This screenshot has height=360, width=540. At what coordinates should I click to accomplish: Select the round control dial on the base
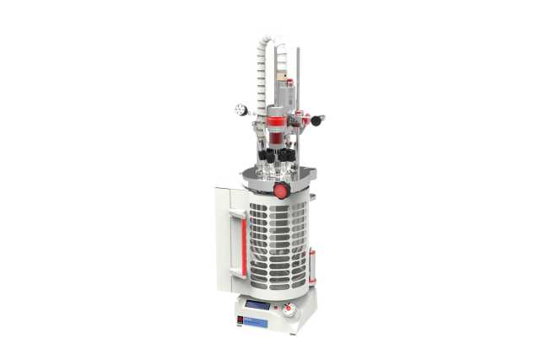(x=289, y=310)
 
